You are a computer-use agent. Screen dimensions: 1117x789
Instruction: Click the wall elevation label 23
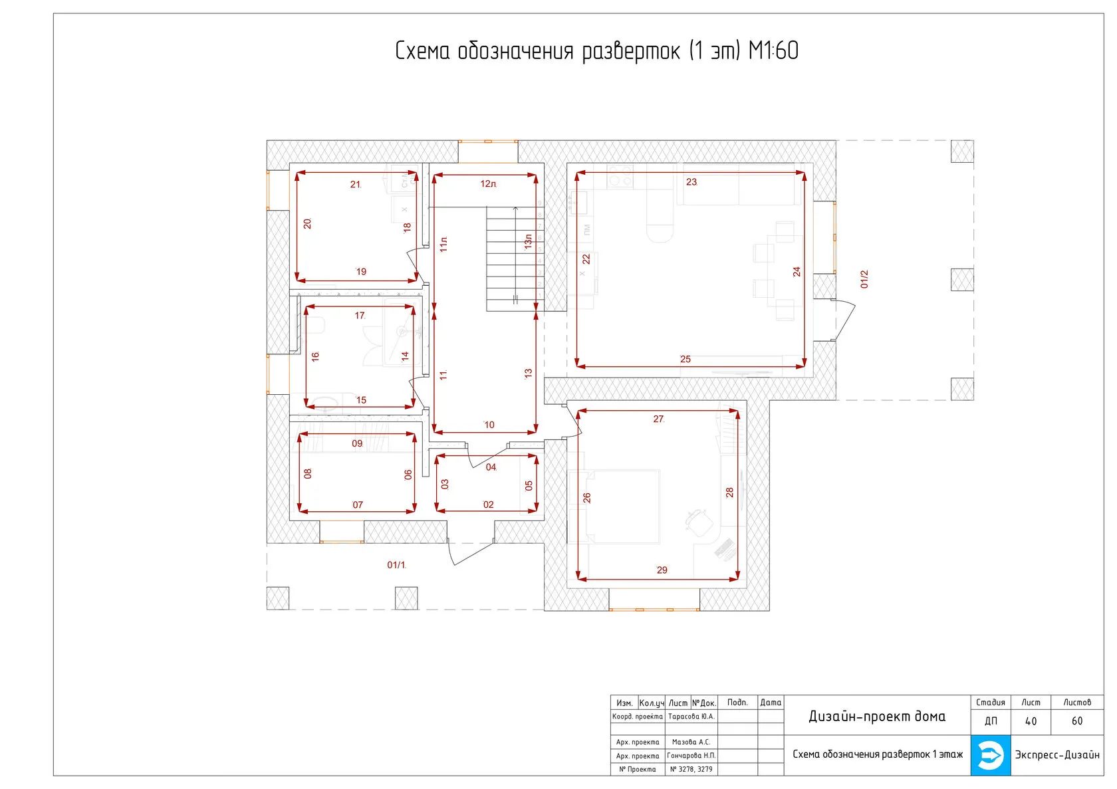pyautogui.click(x=691, y=182)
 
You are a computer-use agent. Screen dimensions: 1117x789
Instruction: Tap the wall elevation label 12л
pyautogui.click(x=488, y=184)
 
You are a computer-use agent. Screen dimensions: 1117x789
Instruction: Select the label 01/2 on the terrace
pyautogui.click(x=864, y=279)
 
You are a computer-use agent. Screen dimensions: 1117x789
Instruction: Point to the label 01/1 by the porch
pyautogui.click(x=396, y=565)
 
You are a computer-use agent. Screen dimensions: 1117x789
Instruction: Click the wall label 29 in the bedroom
pyautogui.click(x=662, y=570)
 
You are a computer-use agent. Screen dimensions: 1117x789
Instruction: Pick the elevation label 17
pyautogui.click(x=360, y=316)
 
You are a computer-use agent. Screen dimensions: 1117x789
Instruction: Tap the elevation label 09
pyautogui.click(x=357, y=443)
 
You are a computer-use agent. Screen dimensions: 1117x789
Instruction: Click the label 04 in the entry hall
pyautogui.click(x=491, y=467)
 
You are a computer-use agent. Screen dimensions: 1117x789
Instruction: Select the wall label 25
pyautogui.click(x=685, y=359)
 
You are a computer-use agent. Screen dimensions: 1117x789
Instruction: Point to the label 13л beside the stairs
pyautogui.click(x=528, y=242)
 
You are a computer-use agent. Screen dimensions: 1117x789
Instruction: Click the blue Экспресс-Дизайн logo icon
pyautogui.click(x=990, y=754)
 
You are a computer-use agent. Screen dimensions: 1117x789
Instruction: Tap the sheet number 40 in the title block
pyautogui.click(x=1031, y=721)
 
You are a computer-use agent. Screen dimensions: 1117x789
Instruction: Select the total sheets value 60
pyautogui.click(x=1076, y=721)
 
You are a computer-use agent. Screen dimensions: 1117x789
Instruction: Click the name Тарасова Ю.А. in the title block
pyautogui.click(x=691, y=717)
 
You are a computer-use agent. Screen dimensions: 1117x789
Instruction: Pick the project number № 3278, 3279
pyautogui.click(x=691, y=769)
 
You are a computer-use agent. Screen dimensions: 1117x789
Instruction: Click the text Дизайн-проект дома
pyautogui.click(x=876, y=717)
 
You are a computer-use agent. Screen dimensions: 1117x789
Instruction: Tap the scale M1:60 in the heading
pyautogui.click(x=773, y=51)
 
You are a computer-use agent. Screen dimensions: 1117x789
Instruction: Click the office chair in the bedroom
pyautogui.click(x=698, y=521)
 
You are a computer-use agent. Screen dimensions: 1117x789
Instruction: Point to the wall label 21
pyautogui.click(x=355, y=184)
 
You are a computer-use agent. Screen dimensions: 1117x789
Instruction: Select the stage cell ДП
pyautogui.click(x=991, y=721)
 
